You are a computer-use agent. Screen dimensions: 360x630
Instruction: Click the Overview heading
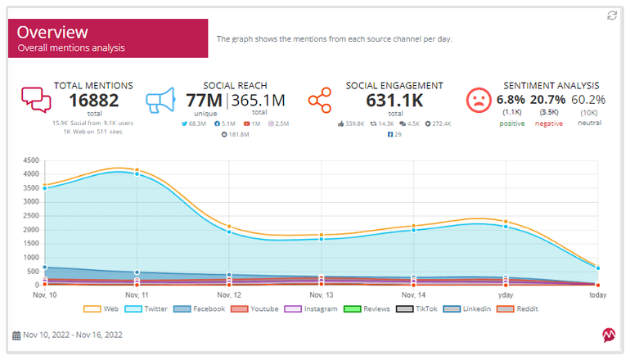[x=52, y=33]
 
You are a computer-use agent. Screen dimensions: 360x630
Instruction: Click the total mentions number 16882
[x=93, y=101]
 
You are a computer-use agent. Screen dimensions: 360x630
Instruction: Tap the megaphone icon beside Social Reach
[x=161, y=101]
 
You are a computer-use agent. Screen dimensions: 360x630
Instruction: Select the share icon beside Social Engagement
[x=319, y=101]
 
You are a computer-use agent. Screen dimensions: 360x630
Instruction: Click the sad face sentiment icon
[x=477, y=101]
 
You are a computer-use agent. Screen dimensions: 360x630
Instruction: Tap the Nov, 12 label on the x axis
[x=229, y=295]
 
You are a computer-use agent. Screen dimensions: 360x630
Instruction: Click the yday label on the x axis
[x=506, y=295]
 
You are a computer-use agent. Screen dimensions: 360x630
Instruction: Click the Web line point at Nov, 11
[x=137, y=170]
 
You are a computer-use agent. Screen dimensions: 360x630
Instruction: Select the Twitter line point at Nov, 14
[x=413, y=230]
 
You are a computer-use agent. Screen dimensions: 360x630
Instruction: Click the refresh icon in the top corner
[x=612, y=16]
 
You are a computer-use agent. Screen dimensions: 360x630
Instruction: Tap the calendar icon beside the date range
[x=16, y=335]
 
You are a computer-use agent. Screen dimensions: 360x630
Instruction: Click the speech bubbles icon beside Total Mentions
[x=35, y=100]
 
